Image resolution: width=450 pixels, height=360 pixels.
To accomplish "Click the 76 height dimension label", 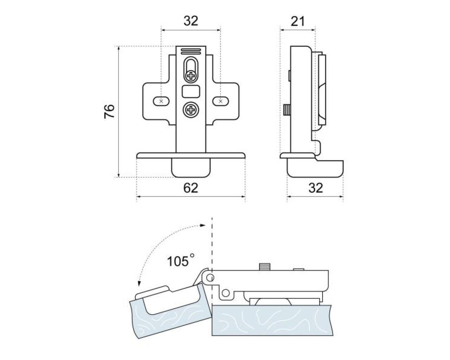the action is tap(109, 111).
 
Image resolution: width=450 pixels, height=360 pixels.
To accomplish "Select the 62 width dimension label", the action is tap(191, 188).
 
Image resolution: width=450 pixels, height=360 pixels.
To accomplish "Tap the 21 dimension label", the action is tap(297, 21).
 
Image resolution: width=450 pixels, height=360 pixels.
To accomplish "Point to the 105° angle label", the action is tap(181, 261).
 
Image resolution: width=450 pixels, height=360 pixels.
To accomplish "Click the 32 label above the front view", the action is tap(191, 21).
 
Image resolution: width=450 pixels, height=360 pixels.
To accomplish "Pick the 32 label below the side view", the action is tap(316, 188).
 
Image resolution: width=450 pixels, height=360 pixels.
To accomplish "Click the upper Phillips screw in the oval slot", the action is tap(191, 76).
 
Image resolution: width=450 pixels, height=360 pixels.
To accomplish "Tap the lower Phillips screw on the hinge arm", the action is tap(191, 110).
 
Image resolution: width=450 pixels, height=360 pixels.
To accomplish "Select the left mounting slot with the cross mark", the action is tap(161, 101).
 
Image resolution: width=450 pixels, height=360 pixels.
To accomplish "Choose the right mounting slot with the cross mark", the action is tap(221, 101).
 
